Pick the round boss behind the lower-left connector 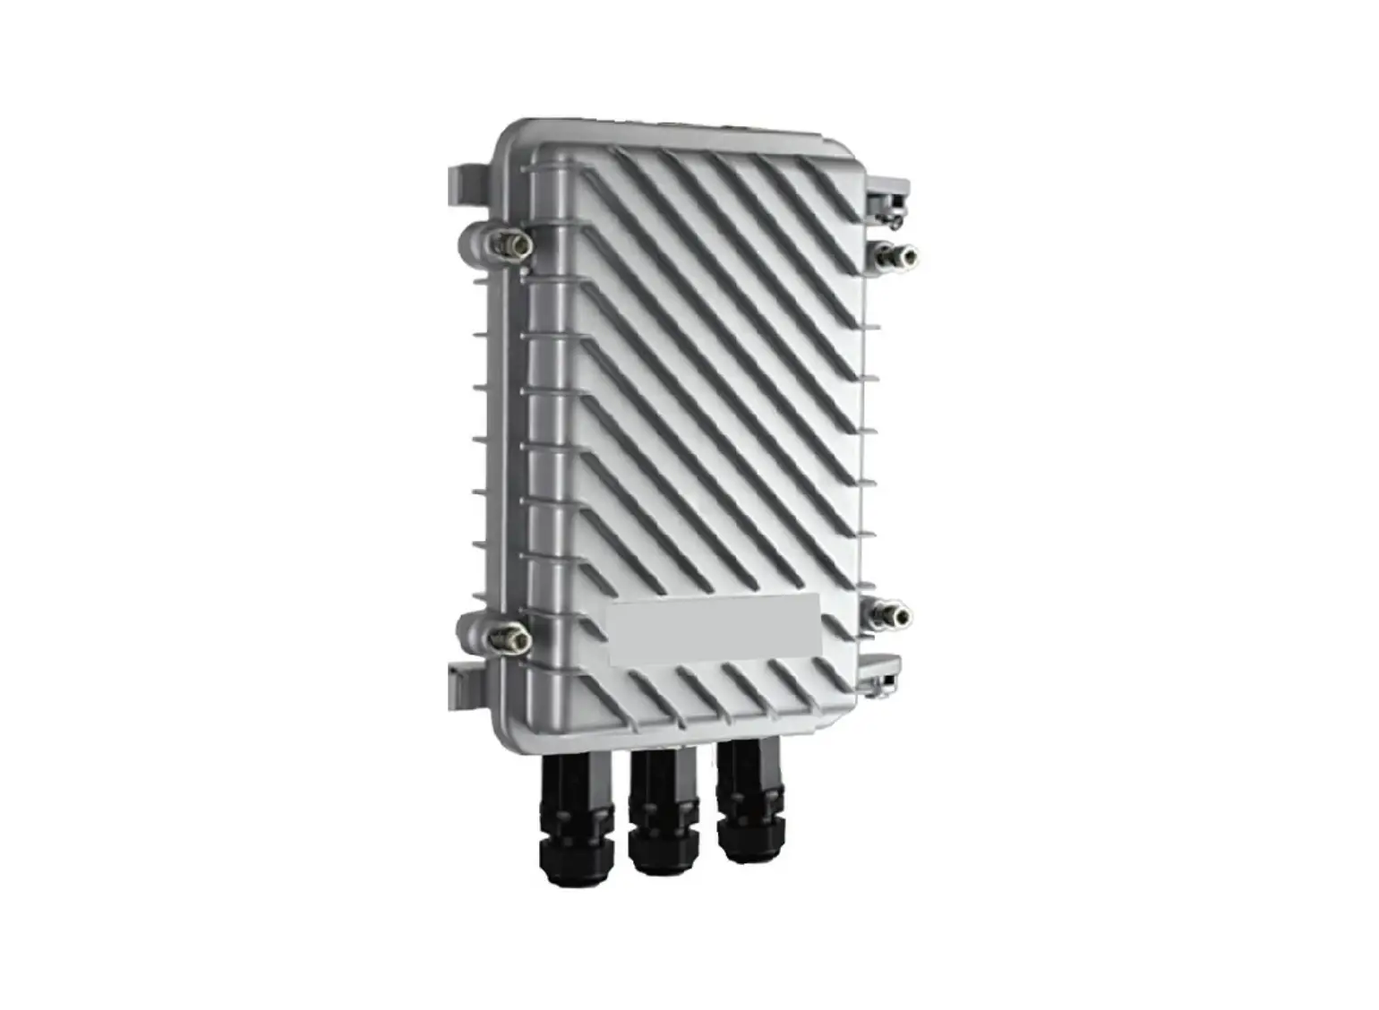[x=473, y=632]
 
